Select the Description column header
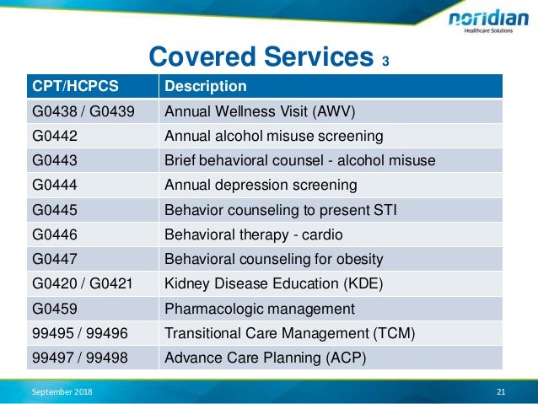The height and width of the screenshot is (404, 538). tap(205, 86)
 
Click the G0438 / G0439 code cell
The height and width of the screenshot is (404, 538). tap(83, 111)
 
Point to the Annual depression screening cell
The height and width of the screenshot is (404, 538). tap(260, 185)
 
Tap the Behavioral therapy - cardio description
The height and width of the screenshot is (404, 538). tap(254, 234)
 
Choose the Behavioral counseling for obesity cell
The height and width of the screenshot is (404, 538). tap(273, 259)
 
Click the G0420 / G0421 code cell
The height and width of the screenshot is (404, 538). tap(83, 283)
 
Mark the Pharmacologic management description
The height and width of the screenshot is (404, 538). tap(259, 308)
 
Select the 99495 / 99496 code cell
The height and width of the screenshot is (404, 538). tap(80, 332)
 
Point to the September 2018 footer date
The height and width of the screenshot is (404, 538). tap(62, 392)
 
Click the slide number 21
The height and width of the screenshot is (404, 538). tap(501, 392)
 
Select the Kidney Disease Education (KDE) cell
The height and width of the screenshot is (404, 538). tap(273, 283)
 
